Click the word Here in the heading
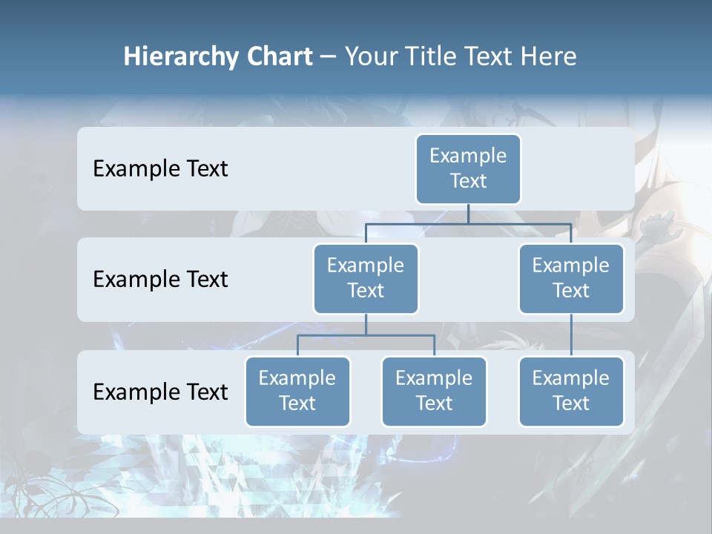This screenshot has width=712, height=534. (547, 57)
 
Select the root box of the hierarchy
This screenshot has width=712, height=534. (468, 169)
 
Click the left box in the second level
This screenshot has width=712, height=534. (366, 279)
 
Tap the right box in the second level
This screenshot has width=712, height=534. (571, 279)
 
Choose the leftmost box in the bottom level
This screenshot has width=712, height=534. (297, 392)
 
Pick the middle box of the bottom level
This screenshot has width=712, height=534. (434, 392)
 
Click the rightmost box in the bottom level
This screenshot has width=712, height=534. (571, 392)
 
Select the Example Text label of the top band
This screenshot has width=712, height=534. (160, 169)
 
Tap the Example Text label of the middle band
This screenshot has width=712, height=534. (160, 280)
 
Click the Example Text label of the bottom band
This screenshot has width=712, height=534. (160, 392)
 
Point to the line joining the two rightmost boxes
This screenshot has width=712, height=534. (571, 335)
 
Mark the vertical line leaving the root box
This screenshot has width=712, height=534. (468, 214)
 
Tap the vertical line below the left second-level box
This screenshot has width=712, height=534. (366, 324)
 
